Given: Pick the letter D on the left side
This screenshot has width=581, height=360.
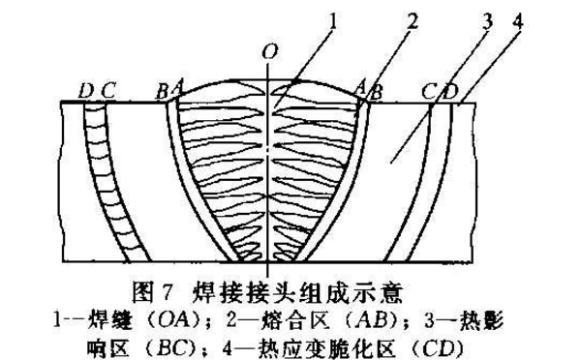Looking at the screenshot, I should [x=86, y=91].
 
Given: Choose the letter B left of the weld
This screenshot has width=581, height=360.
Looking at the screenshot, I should [x=161, y=91].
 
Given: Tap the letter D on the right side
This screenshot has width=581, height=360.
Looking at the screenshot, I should [x=447, y=91].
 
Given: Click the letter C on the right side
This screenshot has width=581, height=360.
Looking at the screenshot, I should [x=429, y=91].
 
